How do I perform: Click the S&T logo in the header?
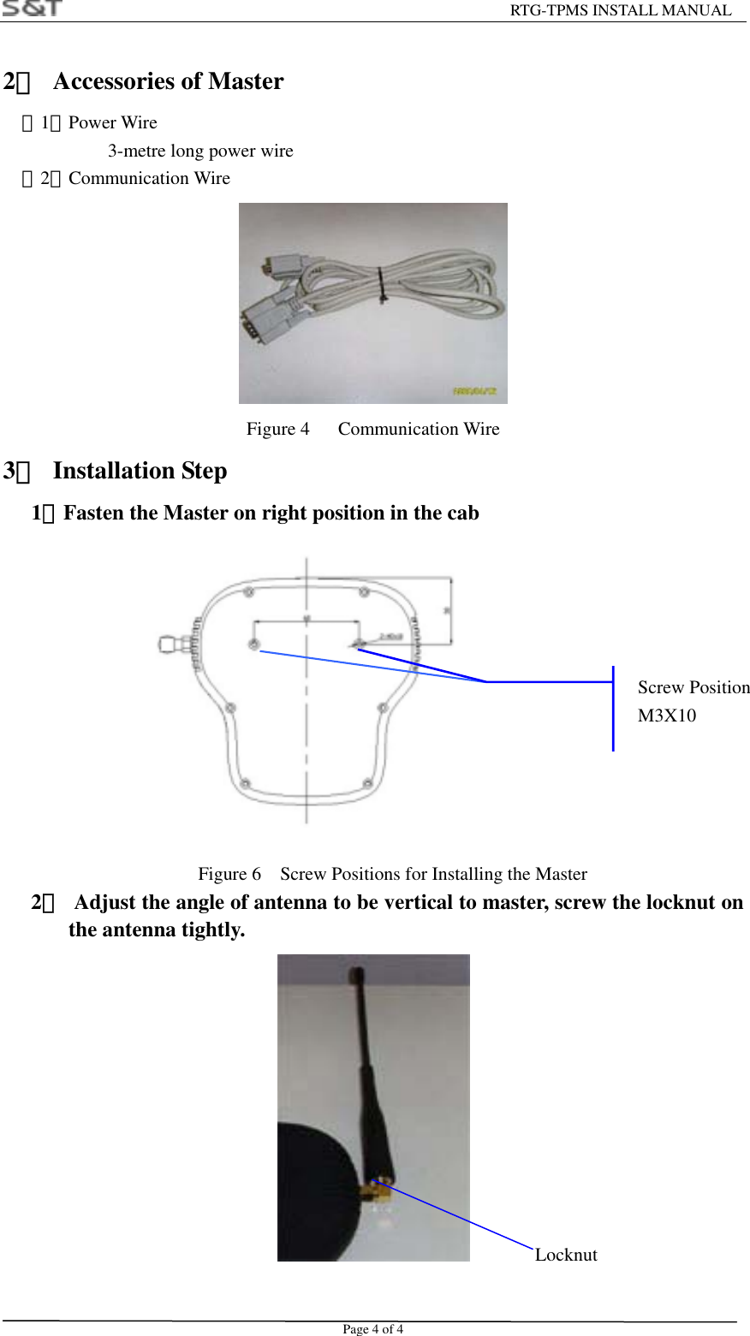click(x=33, y=9)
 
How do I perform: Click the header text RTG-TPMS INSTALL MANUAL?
click(x=621, y=10)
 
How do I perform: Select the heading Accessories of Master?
click(x=168, y=81)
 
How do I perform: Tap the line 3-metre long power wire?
click(x=200, y=151)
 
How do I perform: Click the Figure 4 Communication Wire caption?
click(x=372, y=429)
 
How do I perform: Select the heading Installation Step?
click(x=140, y=471)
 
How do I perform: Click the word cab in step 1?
click(x=463, y=513)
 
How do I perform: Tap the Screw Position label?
click(x=693, y=687)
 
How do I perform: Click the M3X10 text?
click(x=667, y=716)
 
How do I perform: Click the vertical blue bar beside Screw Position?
click(x=613, y=709)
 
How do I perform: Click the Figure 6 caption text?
click(x=392, y=874)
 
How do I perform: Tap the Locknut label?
click(x=566, y=1255)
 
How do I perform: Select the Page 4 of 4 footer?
click(x=372, y=1329)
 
